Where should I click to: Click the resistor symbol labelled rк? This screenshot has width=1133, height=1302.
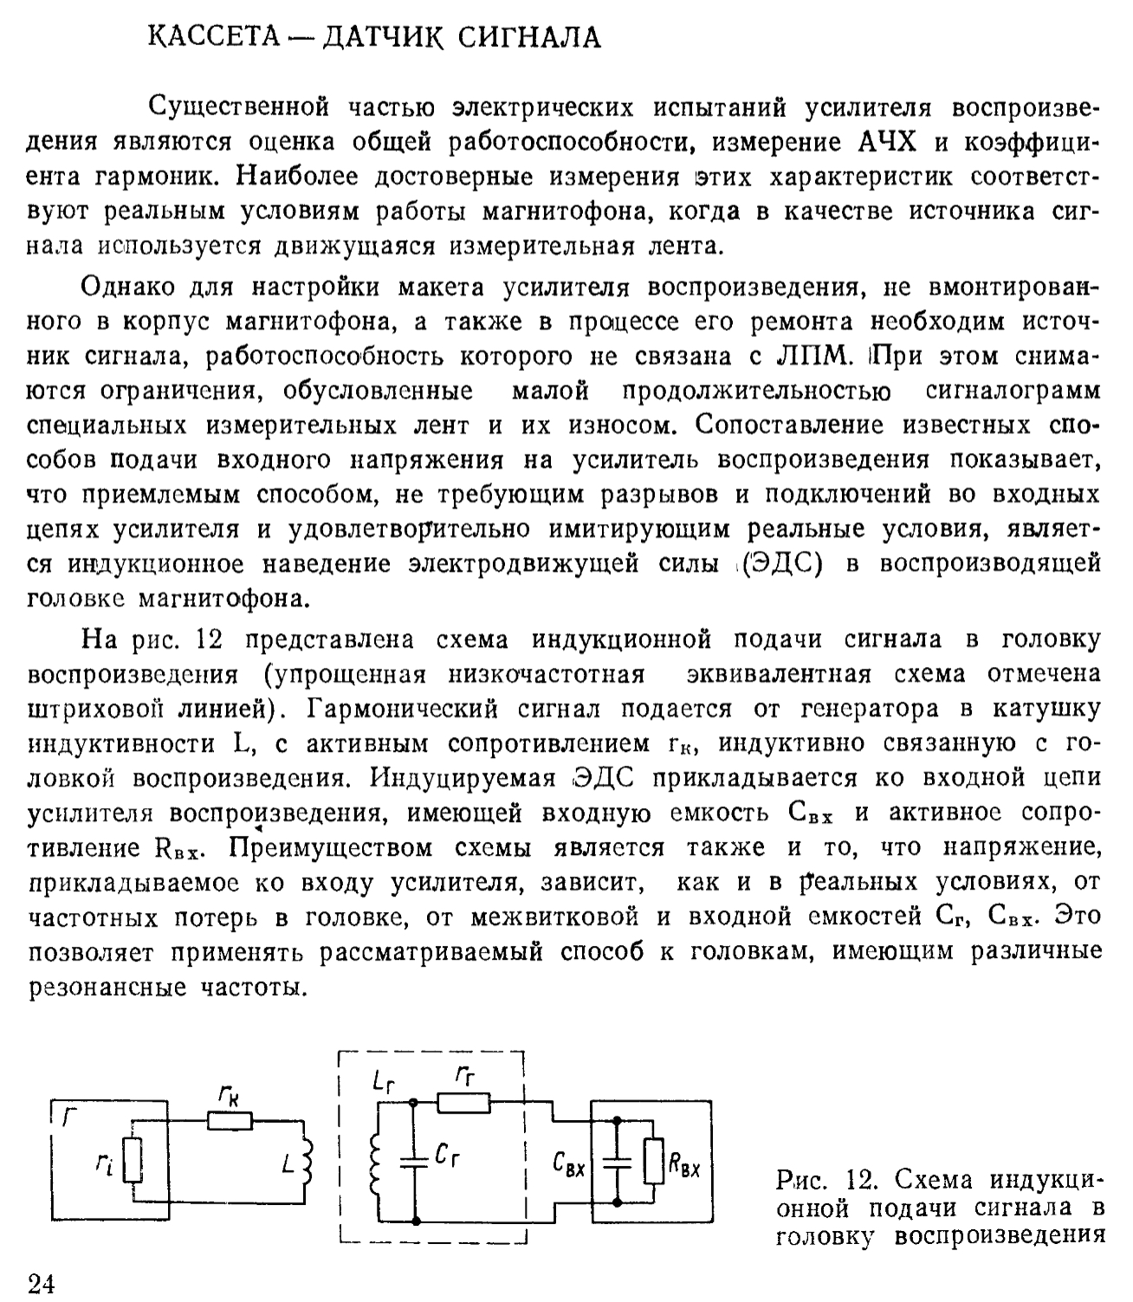point(230,1121)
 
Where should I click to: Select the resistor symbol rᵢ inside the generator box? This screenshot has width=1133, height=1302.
point(132,1162)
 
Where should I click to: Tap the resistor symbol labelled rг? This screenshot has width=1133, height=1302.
point(463,1103)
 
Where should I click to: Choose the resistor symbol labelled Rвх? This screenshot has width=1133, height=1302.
point(655,1162)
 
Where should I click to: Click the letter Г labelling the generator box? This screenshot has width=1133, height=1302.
point(68,1117)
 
